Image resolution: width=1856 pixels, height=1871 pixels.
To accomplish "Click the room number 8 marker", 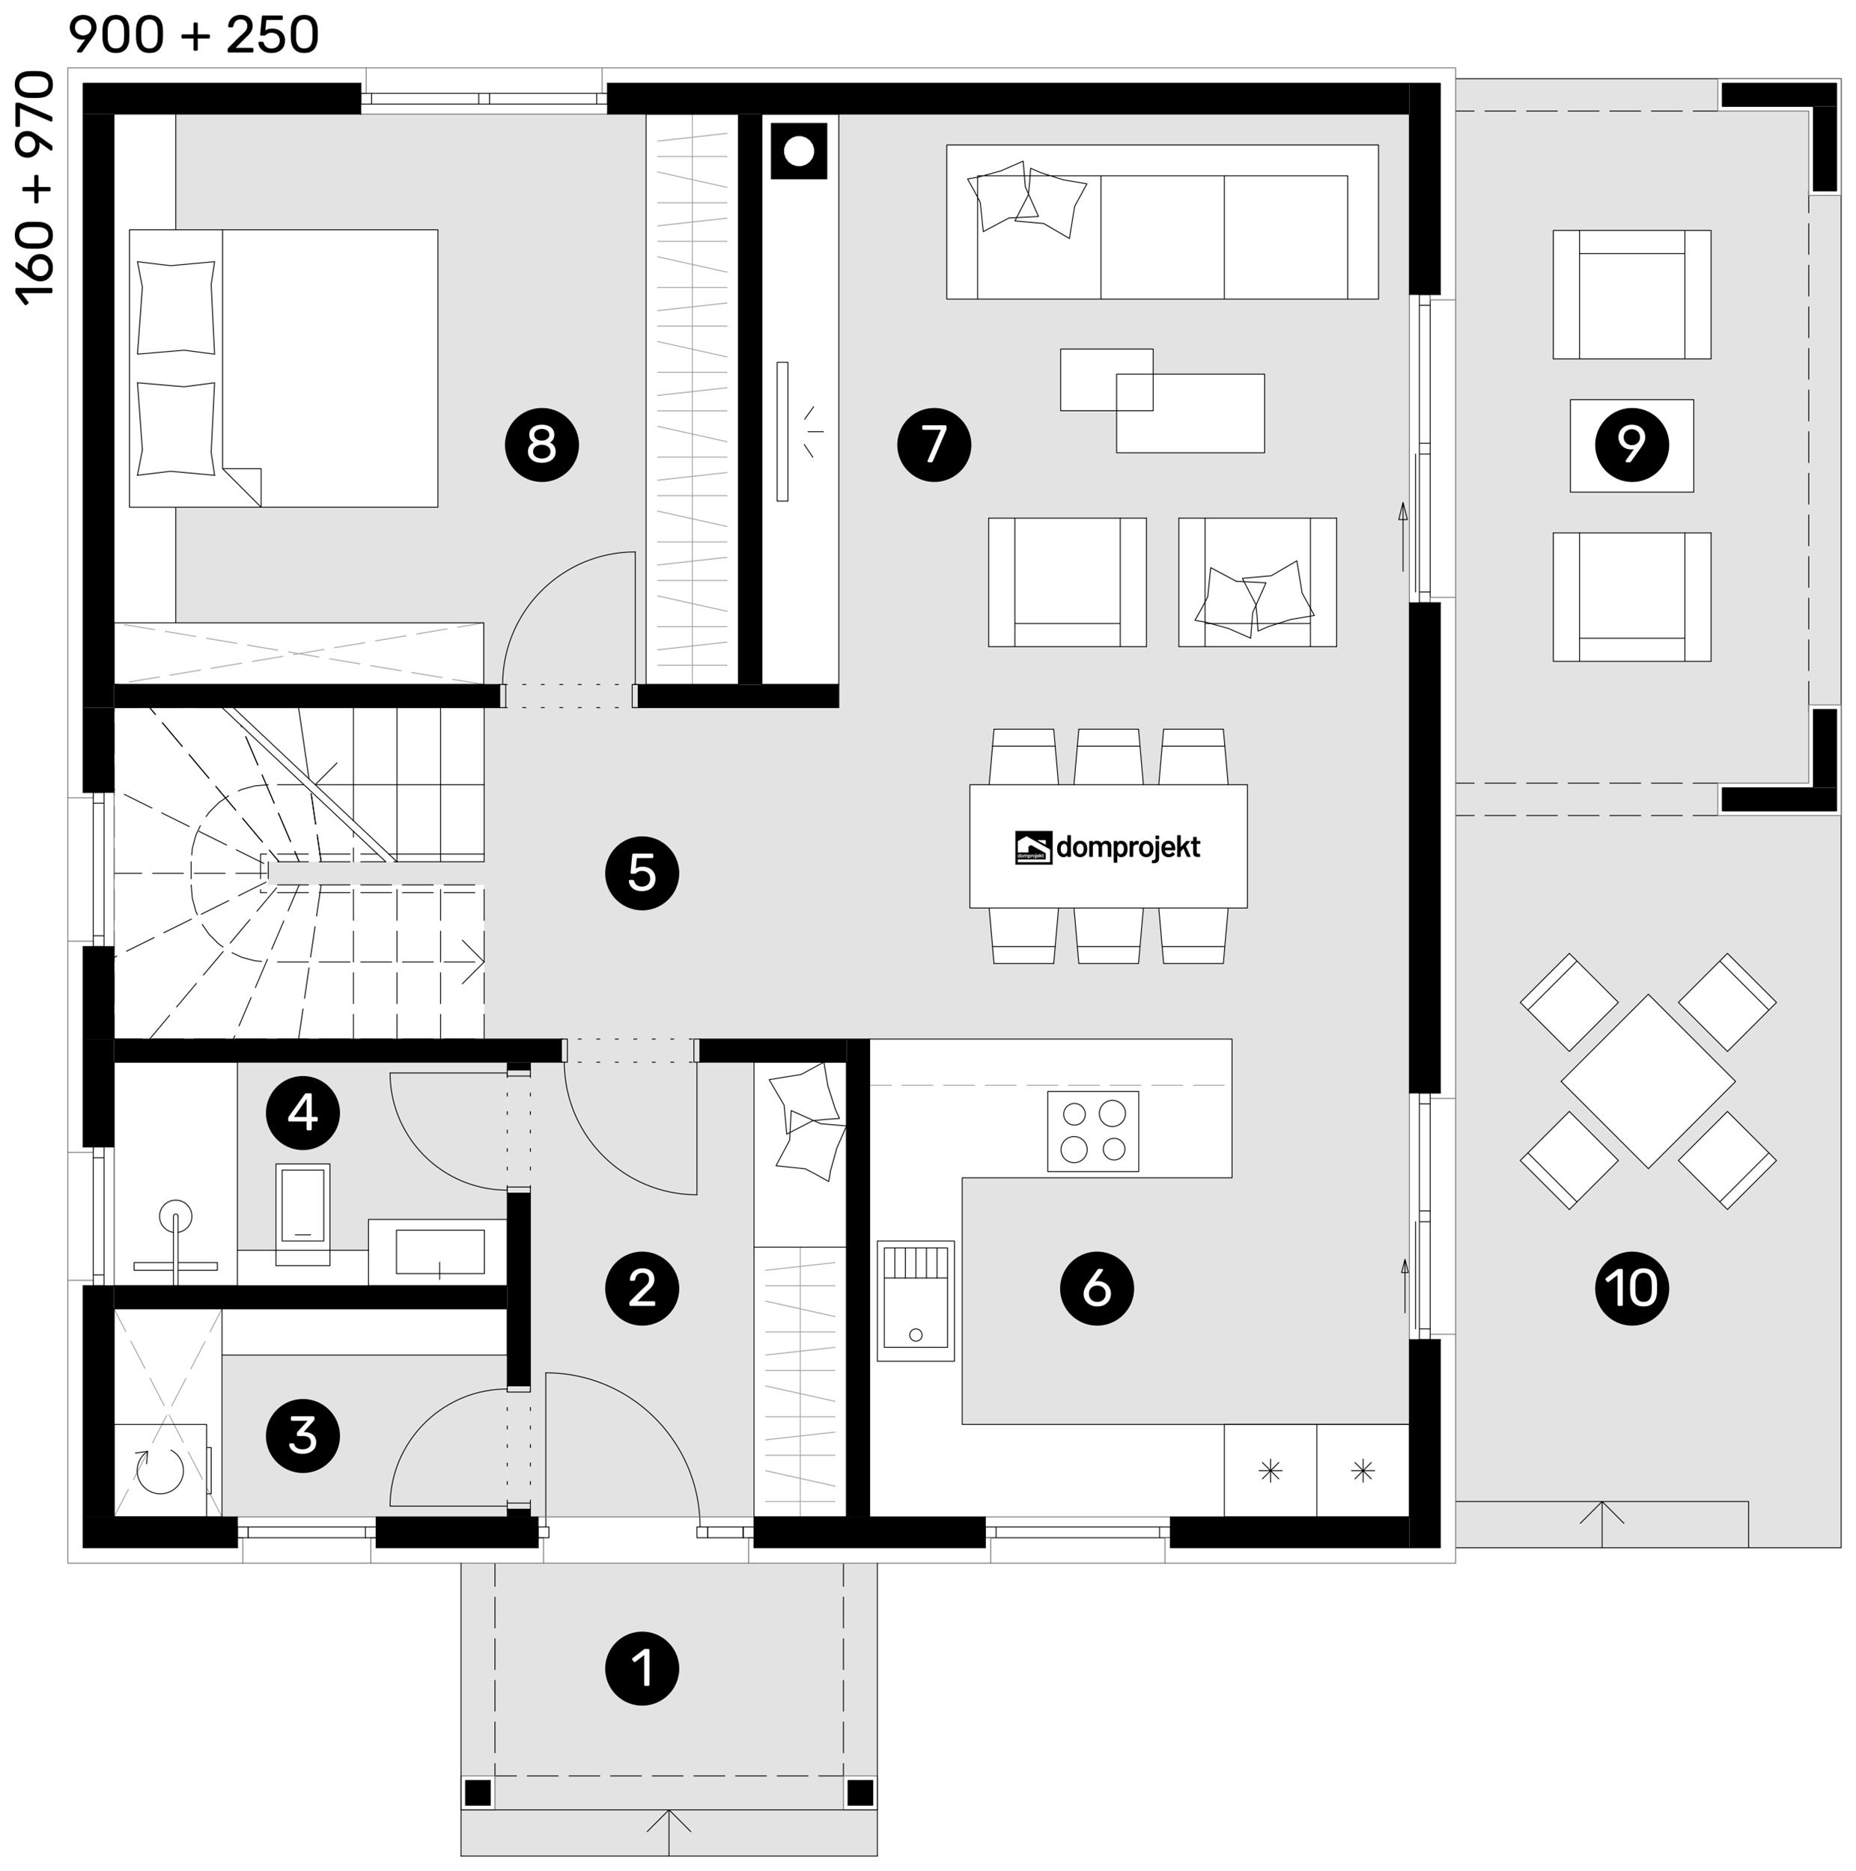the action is [541, 445].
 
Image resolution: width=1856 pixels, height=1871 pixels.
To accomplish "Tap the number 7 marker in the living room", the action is [934, 445].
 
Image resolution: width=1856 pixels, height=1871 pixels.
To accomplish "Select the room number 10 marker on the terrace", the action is [1631, 1288].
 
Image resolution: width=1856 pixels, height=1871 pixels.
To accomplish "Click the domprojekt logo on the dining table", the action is [1107, 847].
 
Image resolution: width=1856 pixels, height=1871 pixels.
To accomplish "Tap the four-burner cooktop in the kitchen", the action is [1092, 1131].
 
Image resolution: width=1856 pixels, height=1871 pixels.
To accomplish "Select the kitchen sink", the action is [916, 1301].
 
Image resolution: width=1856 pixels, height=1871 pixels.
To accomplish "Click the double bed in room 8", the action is [283, 368].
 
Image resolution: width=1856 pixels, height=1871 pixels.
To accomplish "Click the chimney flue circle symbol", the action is [798, 151].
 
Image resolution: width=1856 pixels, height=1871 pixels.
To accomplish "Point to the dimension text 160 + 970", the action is [36, 188].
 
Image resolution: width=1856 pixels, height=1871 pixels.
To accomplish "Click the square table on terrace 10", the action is [1648, 1081].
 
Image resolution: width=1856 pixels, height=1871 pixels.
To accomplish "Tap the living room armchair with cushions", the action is [1257, 582].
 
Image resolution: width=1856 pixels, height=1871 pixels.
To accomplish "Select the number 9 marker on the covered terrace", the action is [1631, 445].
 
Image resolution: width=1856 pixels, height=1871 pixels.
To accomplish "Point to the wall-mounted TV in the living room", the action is [782, 431].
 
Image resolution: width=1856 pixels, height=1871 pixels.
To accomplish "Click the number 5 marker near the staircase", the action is [642, 873].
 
